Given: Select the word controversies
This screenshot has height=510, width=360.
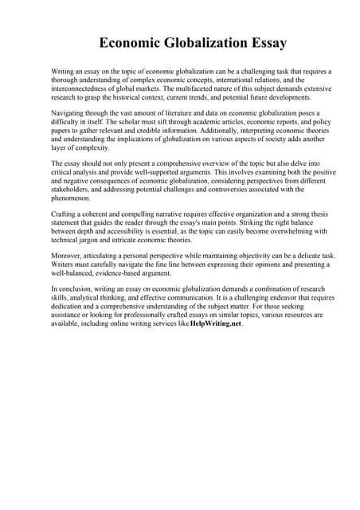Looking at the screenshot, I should pyautogui.click(x=220, y=190).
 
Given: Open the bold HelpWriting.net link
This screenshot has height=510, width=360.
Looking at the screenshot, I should pyautogui.click(x=215, y=325).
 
